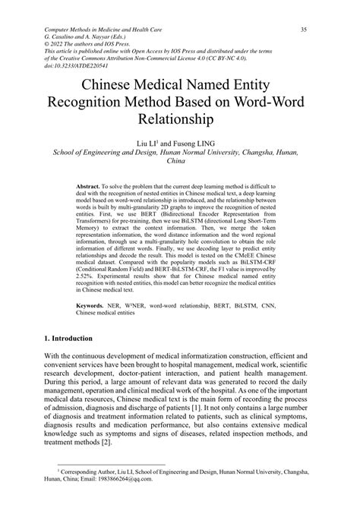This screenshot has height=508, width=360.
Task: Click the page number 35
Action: tap(303, 30)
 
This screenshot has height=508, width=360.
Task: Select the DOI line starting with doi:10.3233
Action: tap(87, 67)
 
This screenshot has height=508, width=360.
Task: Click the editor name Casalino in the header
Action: tap(71, 37)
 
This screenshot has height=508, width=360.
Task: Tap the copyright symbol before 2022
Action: tap(48, 45)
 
